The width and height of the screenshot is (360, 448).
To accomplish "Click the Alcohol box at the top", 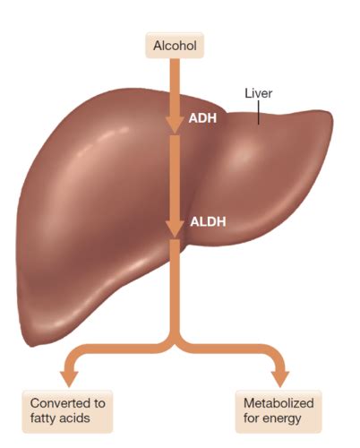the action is (175, 46).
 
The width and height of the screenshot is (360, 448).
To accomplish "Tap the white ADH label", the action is (202, 118).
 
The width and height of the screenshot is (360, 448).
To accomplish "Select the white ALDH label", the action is (208, 222).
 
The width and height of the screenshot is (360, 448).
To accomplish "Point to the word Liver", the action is (259, 93).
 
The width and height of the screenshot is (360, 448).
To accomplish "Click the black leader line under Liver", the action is (259, 112).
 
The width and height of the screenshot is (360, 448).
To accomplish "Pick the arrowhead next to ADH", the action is (175, 125).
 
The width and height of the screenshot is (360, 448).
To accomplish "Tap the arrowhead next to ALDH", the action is (175, 229).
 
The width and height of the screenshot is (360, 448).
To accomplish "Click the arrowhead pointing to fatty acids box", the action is (69, 379).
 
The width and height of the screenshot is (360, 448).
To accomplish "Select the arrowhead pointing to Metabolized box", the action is (280, 379).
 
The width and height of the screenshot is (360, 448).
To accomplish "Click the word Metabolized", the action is (279, 403).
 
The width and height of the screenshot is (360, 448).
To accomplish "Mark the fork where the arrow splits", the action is (175, 346).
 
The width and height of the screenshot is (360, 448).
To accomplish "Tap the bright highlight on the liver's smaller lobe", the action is (244, 154).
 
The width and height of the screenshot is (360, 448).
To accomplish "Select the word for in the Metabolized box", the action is (251, 418).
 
